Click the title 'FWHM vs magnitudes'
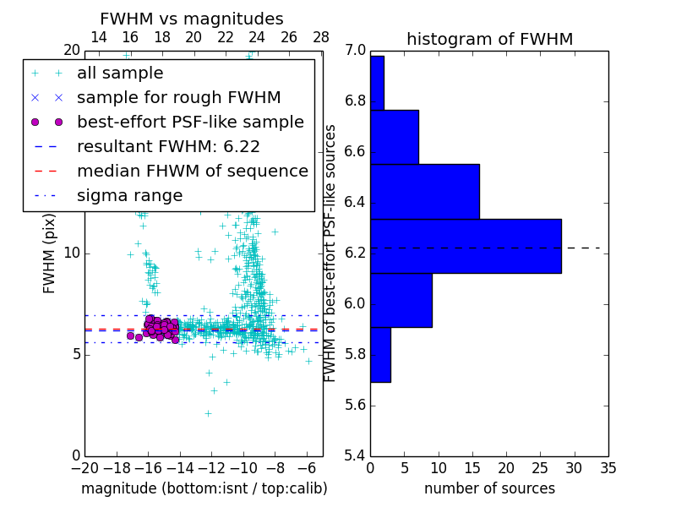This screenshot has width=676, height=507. [192, 19]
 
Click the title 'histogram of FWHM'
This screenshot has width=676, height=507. [489, 39]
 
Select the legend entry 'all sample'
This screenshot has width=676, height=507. [120, 74]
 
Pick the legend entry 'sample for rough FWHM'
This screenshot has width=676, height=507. [178, 98]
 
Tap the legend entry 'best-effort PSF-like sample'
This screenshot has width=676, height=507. [190, 123]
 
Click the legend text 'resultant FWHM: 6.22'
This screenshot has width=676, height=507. [168, 147]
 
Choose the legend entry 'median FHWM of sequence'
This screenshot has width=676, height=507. [192, 172]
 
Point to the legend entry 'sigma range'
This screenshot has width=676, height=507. [129, 196]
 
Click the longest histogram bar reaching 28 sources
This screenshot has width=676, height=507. [466, 246]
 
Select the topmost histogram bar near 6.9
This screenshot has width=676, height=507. [377, 83]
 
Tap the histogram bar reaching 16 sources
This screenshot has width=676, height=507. [425, 192]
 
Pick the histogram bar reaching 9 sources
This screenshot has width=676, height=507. [401, 300]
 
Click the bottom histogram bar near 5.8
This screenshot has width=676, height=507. [380, 355]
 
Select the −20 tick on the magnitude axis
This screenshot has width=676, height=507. [84, 468]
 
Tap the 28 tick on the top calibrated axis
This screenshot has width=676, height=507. [321, 37]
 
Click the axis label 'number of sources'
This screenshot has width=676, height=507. [489, 488]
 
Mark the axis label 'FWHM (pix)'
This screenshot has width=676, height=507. [50, 253]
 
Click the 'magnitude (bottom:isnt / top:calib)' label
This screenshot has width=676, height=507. [204, 488]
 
